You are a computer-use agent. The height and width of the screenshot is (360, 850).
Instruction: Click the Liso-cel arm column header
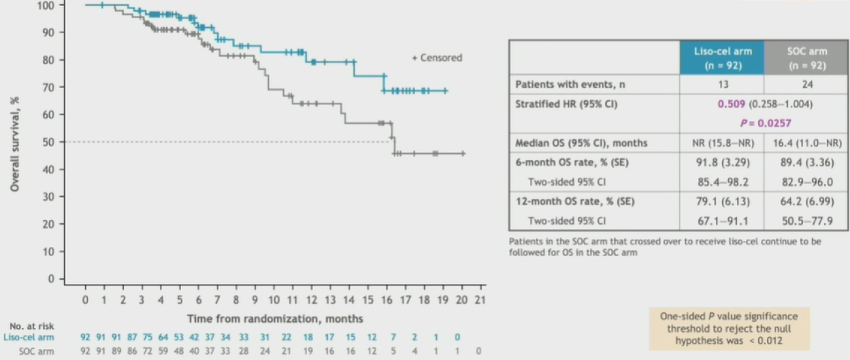tap(721, 57)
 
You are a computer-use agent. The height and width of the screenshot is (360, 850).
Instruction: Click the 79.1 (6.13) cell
tap(721, 201)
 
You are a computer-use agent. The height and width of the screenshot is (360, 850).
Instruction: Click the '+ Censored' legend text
tap(436, 58)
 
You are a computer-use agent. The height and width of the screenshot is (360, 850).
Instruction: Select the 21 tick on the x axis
tap(480, 299)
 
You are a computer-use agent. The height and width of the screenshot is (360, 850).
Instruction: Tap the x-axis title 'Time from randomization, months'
tap(275, 318)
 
